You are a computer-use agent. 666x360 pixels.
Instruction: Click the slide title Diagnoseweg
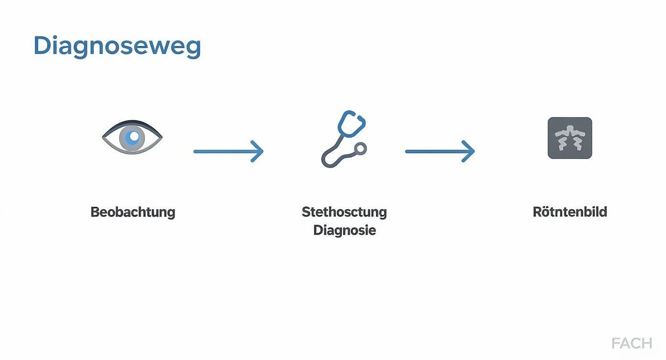[x=117, y=46]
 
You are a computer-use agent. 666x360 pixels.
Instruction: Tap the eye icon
[x=132, y=137]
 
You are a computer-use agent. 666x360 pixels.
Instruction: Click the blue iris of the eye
[x=132, y=138]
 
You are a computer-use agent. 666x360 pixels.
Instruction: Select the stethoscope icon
[x=344, y=139]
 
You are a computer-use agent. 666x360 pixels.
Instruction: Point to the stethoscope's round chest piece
[x=360, y=149]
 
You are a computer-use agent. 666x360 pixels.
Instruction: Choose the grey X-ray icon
[x=570, y=138]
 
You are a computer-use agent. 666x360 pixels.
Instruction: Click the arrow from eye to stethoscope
[x=228, y=151]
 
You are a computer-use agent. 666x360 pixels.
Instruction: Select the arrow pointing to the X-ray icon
[x=440, y=151]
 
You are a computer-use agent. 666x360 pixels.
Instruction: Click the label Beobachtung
[x=133, y=213]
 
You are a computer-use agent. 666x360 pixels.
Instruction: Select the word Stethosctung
[x=344, y=213]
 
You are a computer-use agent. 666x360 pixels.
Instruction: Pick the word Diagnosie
[x=344, y=230]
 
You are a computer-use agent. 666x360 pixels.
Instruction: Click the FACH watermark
[x=632, y=344]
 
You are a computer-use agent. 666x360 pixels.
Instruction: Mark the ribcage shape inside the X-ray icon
[x=570, y=138]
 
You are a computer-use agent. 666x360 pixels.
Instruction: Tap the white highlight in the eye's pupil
[x=134, y=136]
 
